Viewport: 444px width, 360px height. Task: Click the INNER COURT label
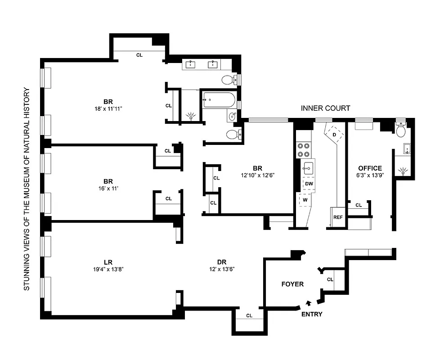[325, 108]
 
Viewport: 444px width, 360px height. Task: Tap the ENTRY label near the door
[312, 314]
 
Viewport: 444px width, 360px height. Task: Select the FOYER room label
[292, 284]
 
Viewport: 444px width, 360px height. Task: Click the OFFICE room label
[370, 168]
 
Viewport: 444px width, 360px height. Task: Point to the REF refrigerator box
[338, 217]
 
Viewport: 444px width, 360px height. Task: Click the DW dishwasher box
[309, 184]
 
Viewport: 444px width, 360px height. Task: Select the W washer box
[305, 200]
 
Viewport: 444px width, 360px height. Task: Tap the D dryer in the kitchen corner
[334, 134]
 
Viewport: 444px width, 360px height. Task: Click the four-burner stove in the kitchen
[304, 149]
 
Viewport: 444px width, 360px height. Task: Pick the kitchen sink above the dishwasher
[308, 168]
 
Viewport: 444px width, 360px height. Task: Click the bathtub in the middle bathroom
[218, 99]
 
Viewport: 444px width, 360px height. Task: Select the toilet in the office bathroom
[400, 130]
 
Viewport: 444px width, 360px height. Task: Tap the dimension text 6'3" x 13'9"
[370, 176]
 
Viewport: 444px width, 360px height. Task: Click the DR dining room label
[221, 262]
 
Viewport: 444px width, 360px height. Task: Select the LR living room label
[108, 262]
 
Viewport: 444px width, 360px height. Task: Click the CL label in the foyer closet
[330, 279]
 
